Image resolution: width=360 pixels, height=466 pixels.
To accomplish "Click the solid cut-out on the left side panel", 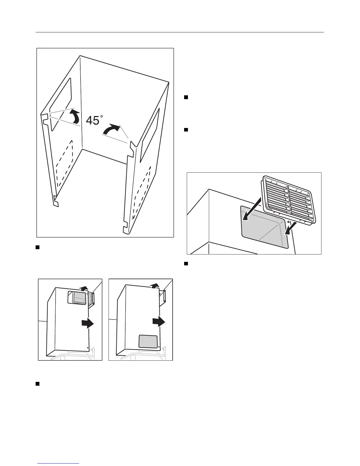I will click(x=61, y=104).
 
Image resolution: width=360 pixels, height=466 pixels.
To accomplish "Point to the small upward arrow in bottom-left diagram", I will click(x=85, y=288).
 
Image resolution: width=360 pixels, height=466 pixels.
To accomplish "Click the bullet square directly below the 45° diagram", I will click(x=38, y=247).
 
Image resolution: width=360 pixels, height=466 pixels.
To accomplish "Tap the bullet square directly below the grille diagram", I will click(x=186, y=264).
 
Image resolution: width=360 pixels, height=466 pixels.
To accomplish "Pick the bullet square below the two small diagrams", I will click(x=38, y=384).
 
